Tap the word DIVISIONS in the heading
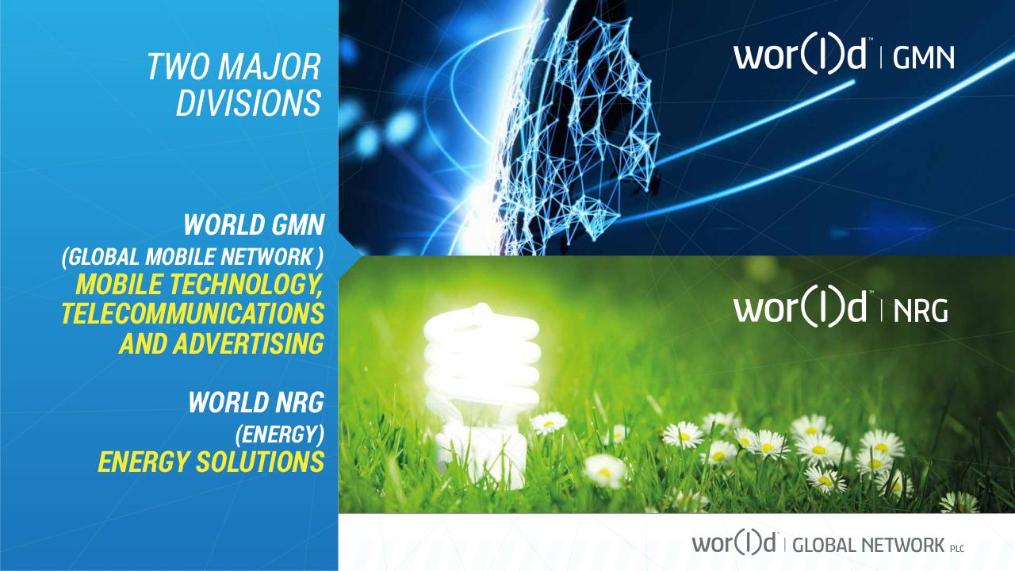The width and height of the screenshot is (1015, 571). (249, 103)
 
